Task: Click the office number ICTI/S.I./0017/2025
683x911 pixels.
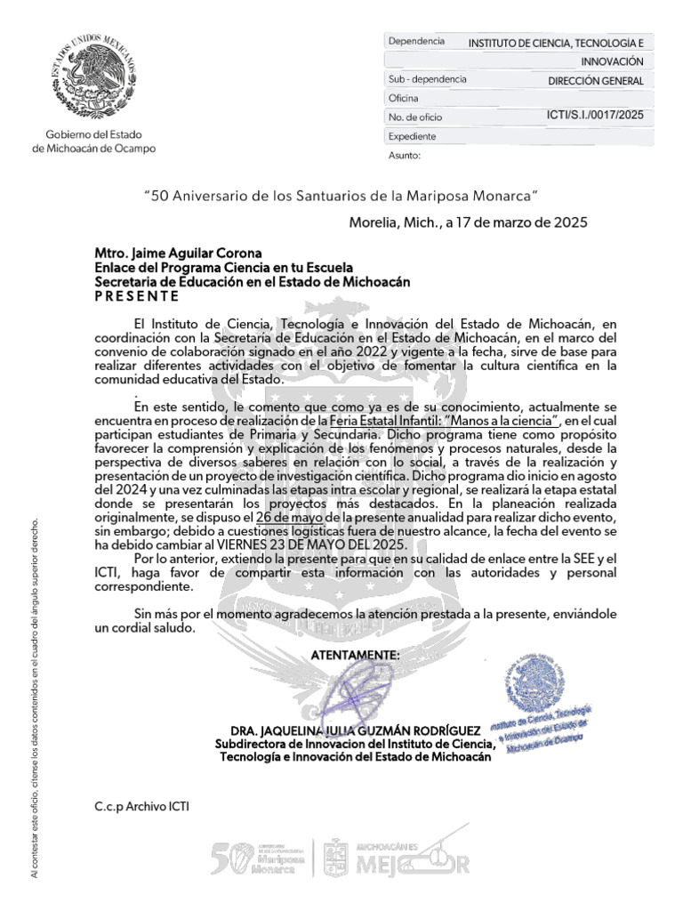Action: [595, 116]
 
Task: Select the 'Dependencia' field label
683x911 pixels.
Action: [415, 42]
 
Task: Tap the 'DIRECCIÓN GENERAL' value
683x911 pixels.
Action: [596, 80]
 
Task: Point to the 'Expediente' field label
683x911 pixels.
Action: [413, 136]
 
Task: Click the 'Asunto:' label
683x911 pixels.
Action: [404, 156]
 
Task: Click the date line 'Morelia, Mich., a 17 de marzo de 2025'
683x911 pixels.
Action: [468, 222]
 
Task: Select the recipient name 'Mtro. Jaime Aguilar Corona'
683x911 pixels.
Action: [166, 254]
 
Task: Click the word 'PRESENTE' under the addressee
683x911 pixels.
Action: [137, 295]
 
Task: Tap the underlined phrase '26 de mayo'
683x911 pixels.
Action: [288, 517]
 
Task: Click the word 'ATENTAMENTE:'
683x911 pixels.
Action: [355, 655]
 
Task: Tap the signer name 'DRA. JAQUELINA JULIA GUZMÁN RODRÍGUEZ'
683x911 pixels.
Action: [352, 729]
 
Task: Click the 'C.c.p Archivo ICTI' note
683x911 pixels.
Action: [142, 807]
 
